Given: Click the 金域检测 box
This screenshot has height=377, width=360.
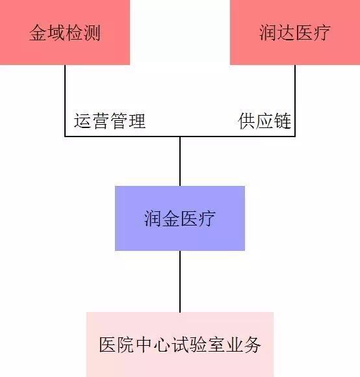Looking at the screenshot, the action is [x=65, y=32].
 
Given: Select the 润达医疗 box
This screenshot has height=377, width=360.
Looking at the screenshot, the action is [x=295, y=32].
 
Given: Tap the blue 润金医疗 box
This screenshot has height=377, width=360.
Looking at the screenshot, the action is [x=180, y=218].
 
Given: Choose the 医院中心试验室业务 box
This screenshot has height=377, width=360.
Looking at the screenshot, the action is [x=180, y=344].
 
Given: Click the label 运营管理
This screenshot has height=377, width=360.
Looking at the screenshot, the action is [x=110, y=121].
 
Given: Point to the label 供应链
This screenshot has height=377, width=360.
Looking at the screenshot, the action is [x=264, y=121].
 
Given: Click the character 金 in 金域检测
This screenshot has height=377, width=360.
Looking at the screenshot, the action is [x=38, y=32].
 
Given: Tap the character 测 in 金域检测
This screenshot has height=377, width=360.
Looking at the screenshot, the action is [x=92, y=32].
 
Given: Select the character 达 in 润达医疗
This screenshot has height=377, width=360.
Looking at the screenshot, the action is [x=286, y=32].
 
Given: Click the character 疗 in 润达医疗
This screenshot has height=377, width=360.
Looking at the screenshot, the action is [x=322, y=32].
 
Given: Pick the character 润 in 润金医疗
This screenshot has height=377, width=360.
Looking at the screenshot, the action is [x=153, y=218].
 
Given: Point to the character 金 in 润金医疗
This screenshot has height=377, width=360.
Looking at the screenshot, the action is [x=171, y=218].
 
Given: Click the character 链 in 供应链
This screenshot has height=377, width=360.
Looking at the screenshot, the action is [x=283, y=121].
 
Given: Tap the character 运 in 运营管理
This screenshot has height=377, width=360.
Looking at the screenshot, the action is [x=83, y=121].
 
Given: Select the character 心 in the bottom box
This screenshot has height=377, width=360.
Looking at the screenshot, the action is [x=162, y=344].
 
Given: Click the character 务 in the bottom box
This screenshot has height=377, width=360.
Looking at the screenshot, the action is [x=252, y=344].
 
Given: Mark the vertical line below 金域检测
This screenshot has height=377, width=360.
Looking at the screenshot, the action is [x=65, y=101].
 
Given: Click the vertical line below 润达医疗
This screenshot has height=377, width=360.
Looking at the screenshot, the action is [x=295, y=101].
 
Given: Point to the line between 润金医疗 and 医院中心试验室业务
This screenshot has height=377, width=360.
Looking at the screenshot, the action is [x=180, y=281].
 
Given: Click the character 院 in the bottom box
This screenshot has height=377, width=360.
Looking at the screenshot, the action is [x=125, y=344].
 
